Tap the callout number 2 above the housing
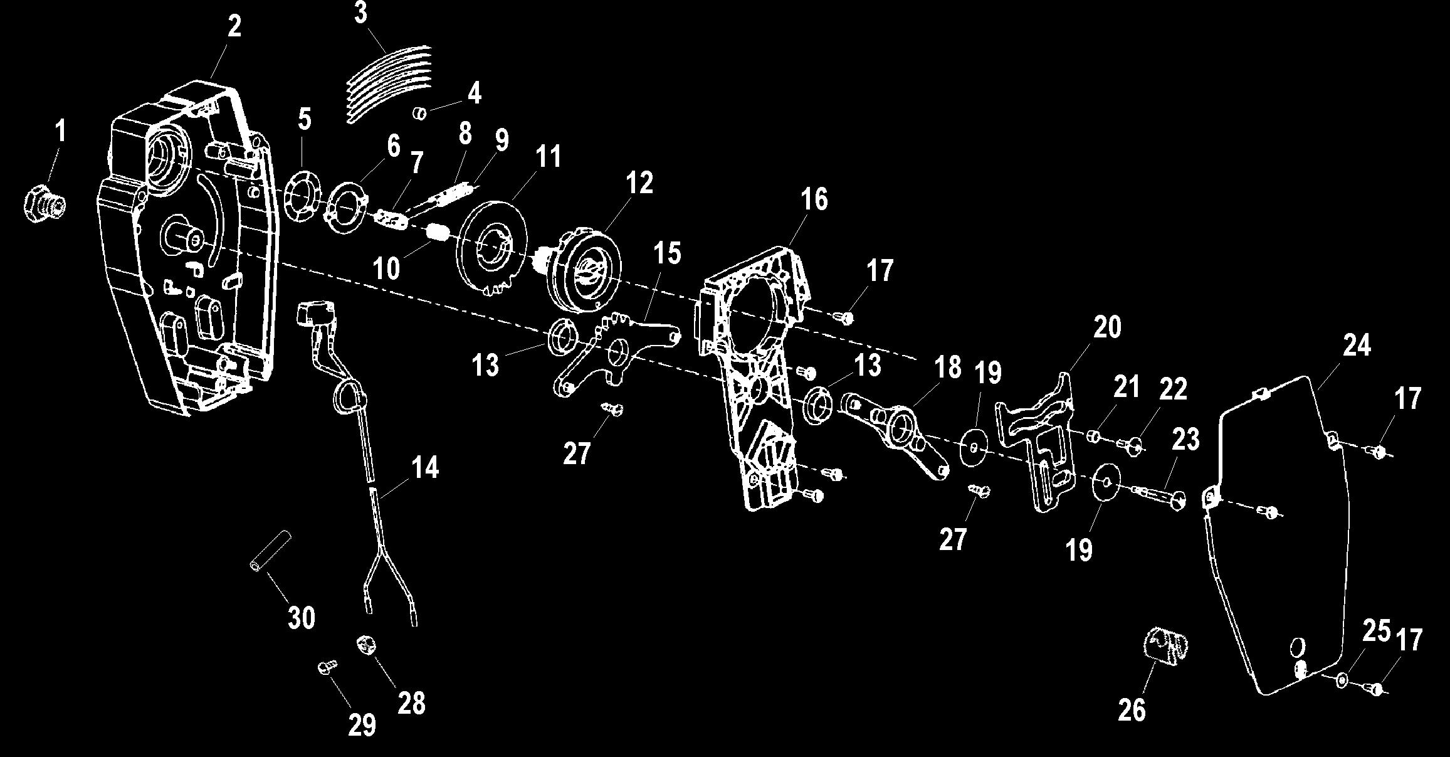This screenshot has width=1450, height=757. [233, 26]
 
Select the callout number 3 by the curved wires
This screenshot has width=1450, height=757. [361, 13]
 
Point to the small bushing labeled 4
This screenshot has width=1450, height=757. [419, 114]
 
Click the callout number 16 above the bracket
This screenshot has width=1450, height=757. [814, 199]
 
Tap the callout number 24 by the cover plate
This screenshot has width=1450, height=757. [1357, 346]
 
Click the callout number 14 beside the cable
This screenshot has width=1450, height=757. [425, 468]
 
